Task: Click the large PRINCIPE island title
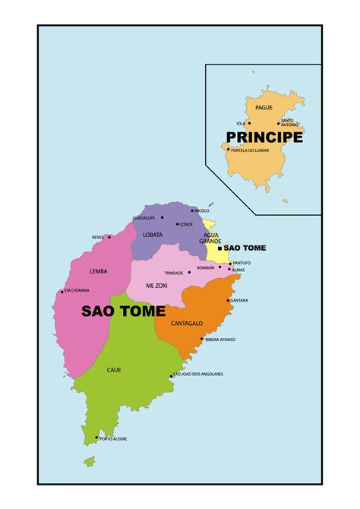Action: click(x=264, y=138)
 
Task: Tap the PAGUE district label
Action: click(x=264, y=108)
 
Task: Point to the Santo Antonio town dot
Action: click(x=279, y=123)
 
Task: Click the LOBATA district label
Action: click(x=153, y=235)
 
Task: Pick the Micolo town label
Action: click(x=202, y=210)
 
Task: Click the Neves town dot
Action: click(x=109, y=237)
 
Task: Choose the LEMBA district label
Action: click(x=98, y=271)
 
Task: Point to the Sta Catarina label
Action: click(x=77, y=290)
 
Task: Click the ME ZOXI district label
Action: click(x=156, y=285)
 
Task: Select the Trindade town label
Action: click(x=174, y=273)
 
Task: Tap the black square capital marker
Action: click(x=219, y=248)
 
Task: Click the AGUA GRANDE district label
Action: click(x=210, y=239)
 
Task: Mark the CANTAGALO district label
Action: click(x=186, y=324)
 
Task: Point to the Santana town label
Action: click(x=239, y=300)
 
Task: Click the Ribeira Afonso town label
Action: click(x=221, y=340)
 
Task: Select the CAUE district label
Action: click(x=114, y=370)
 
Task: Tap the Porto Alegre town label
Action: click(x=113, y=438)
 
